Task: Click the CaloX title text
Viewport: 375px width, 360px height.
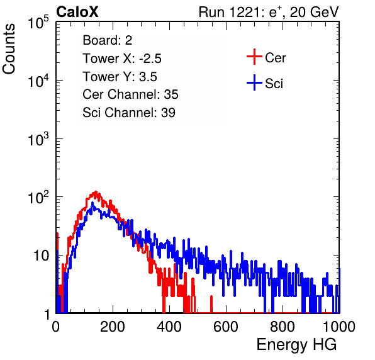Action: (77, 12)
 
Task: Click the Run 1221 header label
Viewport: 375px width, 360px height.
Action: (269, 12)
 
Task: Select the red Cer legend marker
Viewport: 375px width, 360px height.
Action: (254, 57)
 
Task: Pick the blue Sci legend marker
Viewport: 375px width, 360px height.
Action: (254, 83)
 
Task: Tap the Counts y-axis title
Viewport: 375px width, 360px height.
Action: (9, 49)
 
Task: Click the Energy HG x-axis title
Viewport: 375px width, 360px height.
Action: (296, 345)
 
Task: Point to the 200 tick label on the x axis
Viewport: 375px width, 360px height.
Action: (113, 327)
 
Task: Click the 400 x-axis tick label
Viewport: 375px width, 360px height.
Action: (169, 327)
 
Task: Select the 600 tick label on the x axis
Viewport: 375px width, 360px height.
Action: (226, 327)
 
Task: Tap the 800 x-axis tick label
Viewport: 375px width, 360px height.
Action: (283, 327)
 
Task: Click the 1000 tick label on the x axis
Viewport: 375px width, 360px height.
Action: (339, 327)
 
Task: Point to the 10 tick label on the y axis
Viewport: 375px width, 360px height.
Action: (42, 256)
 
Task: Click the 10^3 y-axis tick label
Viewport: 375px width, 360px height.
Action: (38, 138)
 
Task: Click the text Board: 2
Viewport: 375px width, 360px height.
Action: (107, 40)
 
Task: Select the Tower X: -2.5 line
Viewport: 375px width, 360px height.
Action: (122, 59)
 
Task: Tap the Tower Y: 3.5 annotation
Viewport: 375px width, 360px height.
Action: (120, 77)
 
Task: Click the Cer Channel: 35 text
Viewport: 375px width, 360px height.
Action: (130, 94)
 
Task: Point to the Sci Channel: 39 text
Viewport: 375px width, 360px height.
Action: (129, 113)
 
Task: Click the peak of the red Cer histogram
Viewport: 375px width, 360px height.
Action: (96, 191)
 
